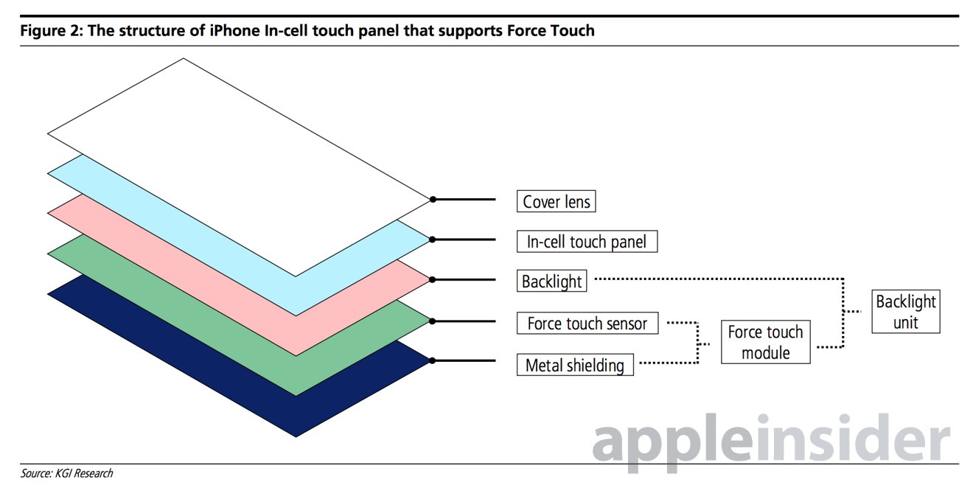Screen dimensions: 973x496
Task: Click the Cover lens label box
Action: pos(556,201)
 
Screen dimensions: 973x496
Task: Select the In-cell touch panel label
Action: pos(587,241)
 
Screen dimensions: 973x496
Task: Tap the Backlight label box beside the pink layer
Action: pos(551,281)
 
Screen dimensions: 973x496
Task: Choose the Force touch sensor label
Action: pos(587,323)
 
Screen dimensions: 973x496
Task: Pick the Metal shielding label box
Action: pos(575,365)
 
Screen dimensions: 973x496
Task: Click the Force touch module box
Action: pos(766,342)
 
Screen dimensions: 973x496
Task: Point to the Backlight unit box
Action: pos(906,312)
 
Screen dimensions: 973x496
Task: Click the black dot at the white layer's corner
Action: pos(433,199)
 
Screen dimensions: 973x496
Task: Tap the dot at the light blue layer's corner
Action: pos(432,240)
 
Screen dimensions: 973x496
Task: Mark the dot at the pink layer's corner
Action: pos(432,280)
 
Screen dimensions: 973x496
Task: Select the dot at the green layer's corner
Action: pos(432,321)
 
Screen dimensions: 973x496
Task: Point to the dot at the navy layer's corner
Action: pos(432,361)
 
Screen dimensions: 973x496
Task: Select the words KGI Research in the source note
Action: pos(84,473)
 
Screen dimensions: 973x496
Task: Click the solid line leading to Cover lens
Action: pos(464,199)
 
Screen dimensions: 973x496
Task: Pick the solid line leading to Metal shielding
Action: pos(464,360)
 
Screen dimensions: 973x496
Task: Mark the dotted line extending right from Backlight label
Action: pos(719,279)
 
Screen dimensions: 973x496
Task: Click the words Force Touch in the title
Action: pos(551,31)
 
